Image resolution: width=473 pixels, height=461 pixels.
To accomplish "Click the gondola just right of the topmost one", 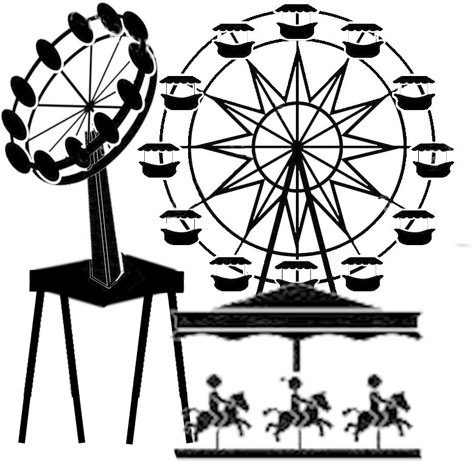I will click(x=361, y=35).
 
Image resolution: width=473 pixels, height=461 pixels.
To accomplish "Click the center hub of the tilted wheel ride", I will click(x=90, y=105).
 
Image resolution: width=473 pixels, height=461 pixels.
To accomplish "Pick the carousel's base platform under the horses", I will click(x=298, y=451).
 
